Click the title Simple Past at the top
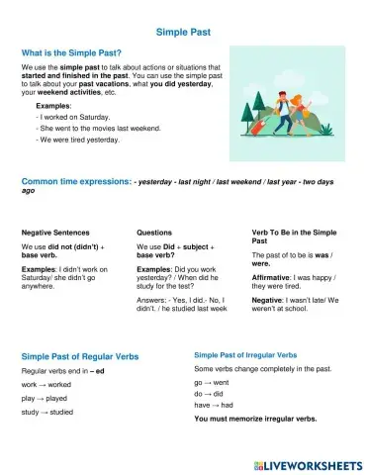(183, 32)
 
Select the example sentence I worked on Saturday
(74, 117)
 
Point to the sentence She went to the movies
(91, 129)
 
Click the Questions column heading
(155, 232)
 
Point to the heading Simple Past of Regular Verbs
(79, 355)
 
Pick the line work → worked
(46, 383)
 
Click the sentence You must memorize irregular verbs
(255, 420)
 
